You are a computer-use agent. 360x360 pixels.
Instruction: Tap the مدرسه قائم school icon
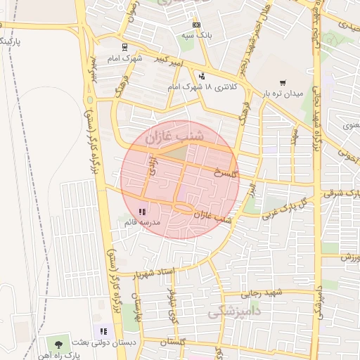point(142,212)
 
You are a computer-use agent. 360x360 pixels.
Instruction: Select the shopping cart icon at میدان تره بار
point(283,82)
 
